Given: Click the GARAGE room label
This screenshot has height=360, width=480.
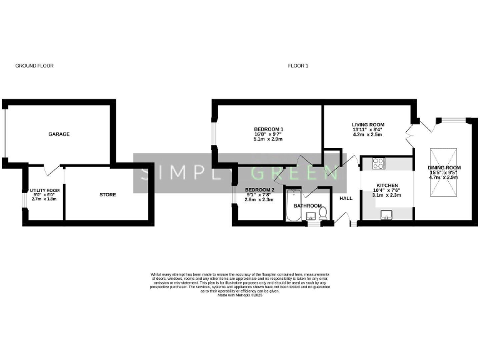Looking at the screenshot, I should pyautogui.click(x=59, y=134).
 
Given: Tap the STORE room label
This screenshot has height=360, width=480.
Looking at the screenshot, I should pyautogui.click(x=107, y=194).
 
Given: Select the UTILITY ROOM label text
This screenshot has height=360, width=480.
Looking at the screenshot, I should pyautogui.click(x=44, y=190).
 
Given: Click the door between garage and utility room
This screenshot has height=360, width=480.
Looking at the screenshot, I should pyautogui.click(x=52, y=169).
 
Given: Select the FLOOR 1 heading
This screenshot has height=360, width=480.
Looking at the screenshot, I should pyautogui.click(x=297, y=66).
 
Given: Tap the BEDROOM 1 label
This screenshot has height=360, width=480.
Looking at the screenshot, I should pyautogui.click(x=268, y=129).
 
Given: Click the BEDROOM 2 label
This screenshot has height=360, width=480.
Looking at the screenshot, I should pyautogui.click(x=259, y=189).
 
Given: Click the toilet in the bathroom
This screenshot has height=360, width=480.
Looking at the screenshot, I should pyautogui.click(x=324, y=214).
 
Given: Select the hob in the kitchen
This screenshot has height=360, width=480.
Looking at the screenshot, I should pyautogui.click(x=379, y=164).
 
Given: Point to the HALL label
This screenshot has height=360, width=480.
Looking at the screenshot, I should pyautogui.click(x=346, y=198).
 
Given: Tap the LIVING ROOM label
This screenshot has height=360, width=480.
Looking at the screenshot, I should pyautogui.click(x=367, y=124).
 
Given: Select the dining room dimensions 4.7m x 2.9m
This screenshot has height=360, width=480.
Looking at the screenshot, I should pyautogui.click(x=443, y=177).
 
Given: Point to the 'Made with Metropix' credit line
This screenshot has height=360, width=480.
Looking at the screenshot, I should pyautogui.click(x=240, y=294).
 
